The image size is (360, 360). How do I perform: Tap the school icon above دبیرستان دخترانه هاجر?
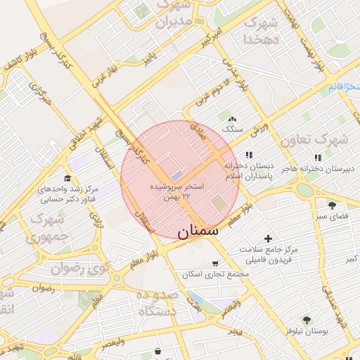coord(318,157)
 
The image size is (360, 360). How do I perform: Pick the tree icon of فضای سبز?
coord(331,205)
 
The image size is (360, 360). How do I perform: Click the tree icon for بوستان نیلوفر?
coord(307,319)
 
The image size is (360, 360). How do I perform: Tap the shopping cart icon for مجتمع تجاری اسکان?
coord(205,263)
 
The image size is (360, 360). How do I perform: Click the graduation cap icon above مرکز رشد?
coord(67,179)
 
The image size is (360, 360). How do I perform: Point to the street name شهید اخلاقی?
coord(87,129)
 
